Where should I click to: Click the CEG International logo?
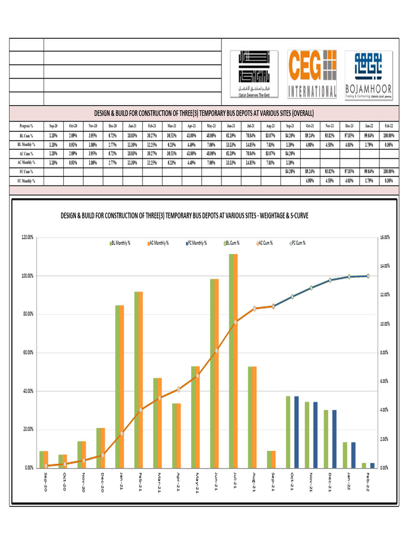pos(312,73)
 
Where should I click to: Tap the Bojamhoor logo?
pos(368,73)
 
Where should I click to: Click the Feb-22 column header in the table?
pos(388,126)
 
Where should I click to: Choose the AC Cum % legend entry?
pos(265,243)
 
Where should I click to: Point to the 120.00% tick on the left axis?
pos(26,237)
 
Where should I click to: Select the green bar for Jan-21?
pos(117,386)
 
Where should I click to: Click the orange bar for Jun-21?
pos(217,373)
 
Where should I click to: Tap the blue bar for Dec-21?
pos(334,438)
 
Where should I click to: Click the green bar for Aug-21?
pos(250,417)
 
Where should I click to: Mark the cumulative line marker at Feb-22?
pos(368,276)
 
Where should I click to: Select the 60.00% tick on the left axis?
pos(26,352)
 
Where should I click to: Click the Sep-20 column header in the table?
pos(53,126)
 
